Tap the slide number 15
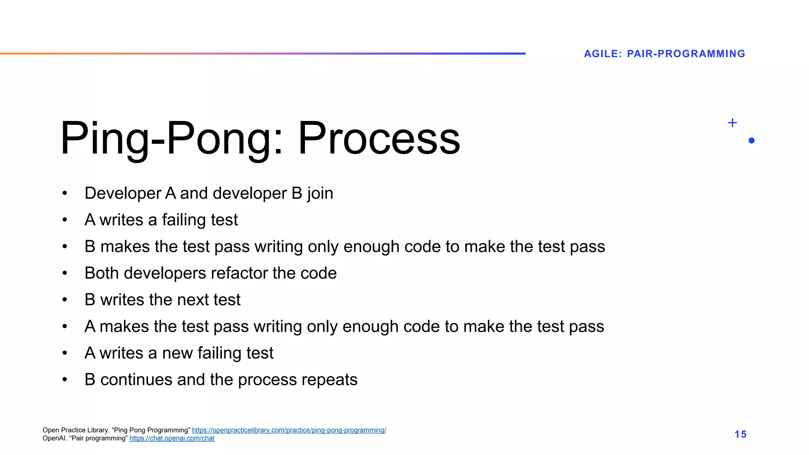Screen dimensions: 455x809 (740, 434)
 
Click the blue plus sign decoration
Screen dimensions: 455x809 (732, 123)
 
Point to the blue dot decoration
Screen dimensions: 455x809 (751, 141)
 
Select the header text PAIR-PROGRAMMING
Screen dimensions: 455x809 (686, 54)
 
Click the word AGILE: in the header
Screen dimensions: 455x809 (603, 54)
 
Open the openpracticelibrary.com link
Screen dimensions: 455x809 (289, 430)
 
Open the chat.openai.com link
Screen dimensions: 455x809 (172, 438)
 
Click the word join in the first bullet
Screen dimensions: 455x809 (320, 194)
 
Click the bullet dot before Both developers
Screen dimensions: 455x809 (65, 273)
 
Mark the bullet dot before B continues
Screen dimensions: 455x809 (65, 380)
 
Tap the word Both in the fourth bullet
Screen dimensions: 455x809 (102, 273)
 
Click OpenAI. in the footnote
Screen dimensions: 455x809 (55, 438)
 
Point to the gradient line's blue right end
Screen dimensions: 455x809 (521, 53)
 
